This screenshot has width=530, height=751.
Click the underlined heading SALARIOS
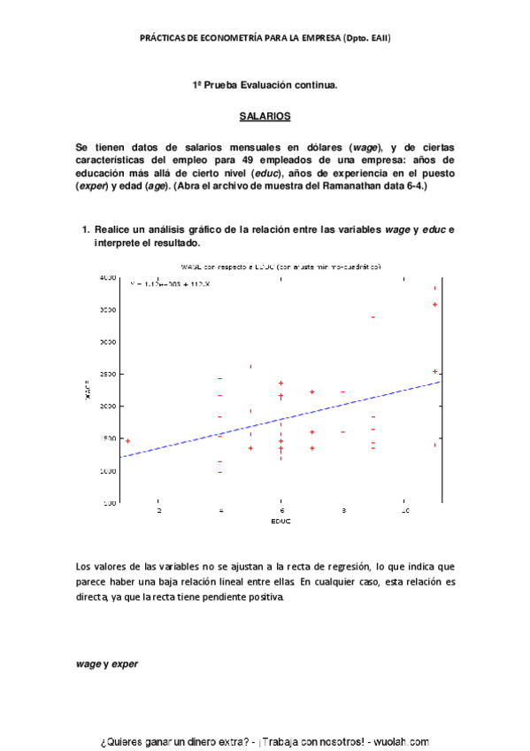(x=265, y=116)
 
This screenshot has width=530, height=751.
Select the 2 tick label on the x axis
(x=159, y=511)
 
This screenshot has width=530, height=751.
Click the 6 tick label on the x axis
(x=280, y=511)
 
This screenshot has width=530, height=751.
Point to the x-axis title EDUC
(x=281, y=521)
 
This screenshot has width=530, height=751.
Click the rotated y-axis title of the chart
(x=88, y=391)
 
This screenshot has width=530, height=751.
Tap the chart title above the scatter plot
(x=280, y=266)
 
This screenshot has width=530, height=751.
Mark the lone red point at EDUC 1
(x=127, y=441)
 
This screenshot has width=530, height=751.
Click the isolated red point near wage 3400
(x=373, y=316)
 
